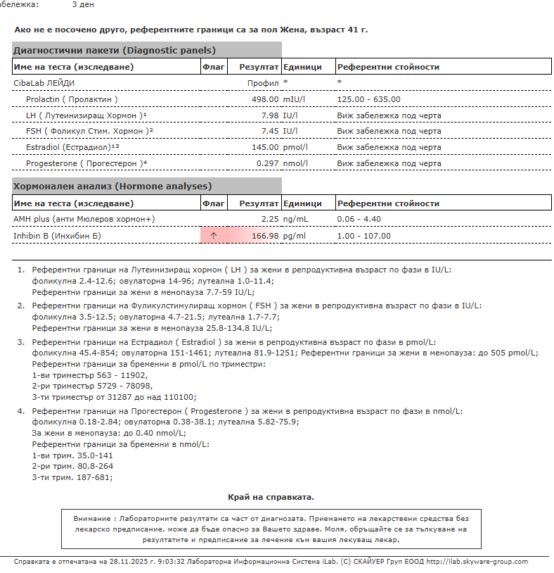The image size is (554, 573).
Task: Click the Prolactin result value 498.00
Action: tap(265, 99)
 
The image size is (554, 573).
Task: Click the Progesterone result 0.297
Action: tap(267, 163)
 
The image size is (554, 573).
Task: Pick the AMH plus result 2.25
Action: tap(270, 219)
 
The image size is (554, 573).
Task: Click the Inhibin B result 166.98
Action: tap(265, 236)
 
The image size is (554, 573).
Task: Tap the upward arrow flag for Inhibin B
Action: tap(214, 236)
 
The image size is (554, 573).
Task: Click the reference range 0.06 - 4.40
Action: tap(359, 219)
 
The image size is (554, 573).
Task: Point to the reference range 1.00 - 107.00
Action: tap(363, 236)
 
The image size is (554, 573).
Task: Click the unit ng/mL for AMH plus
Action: tap(295, 219)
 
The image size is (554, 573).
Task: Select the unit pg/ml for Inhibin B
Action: tap(295, 236)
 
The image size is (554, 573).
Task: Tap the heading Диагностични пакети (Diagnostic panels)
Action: tap(115, 51)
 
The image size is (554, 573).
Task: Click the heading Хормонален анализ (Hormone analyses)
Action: tap(112, 187)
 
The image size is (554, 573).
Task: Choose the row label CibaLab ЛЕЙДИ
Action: tap(44, 83)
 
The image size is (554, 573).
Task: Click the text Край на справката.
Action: tap(271, 497)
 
